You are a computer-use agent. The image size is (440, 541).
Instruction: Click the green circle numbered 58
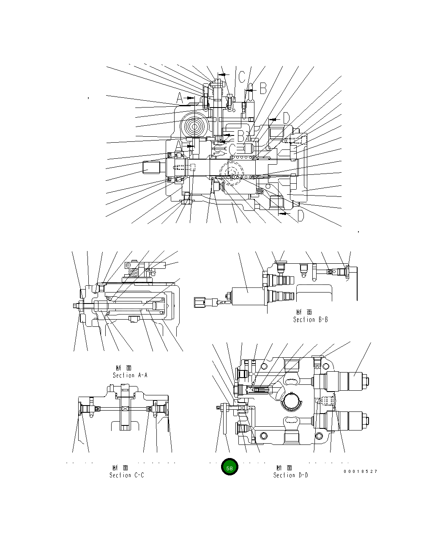pyautogui.click(x=230, y=468)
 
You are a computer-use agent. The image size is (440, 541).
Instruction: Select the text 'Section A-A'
pyautogui.click(x=130, y=375)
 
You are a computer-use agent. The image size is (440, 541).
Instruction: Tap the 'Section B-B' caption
pyautogui.click(x=310, y=320)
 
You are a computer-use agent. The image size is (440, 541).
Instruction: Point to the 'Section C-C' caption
pyautogui.click(x=127, y=475)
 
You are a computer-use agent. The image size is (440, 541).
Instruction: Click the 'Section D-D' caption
pyautogui.click(x=290, y=475)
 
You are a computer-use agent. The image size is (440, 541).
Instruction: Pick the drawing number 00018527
pyautogui.click(x=360, y=471)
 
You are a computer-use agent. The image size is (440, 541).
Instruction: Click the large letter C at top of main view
pyautogui.click(x=241, y=77)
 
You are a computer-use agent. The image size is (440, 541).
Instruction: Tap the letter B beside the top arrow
pyautogui.click(x=263, y=88)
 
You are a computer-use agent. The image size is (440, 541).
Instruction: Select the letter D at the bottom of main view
pyautogui.click(x=300, y=216)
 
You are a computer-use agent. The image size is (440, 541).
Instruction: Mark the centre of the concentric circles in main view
pyautogui.click(x=195, y=126)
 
